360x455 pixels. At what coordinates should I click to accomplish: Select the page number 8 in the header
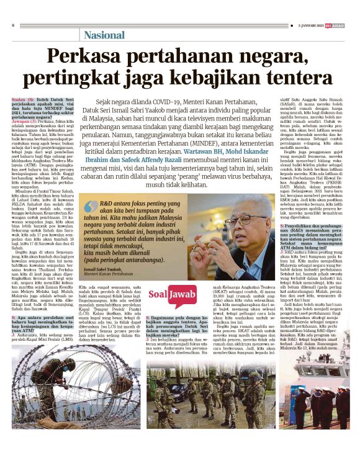click(x=13, y=25)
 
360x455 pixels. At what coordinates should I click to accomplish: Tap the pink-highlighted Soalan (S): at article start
click(x=22, y=99)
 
